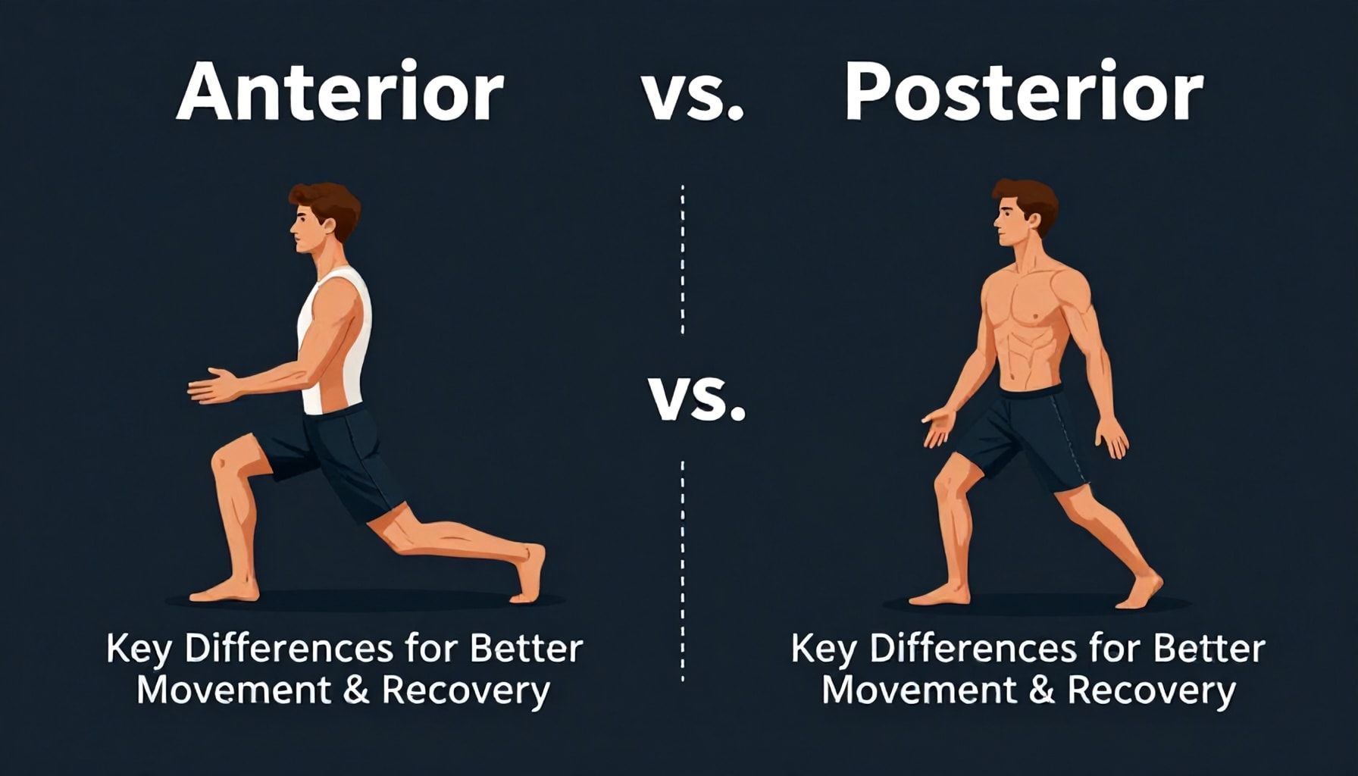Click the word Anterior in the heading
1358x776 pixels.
coord(340,93)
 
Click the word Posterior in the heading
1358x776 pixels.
coord(1024,93)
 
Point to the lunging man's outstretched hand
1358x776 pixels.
coord(216,386)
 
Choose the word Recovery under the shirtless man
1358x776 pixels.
coord(1151,691)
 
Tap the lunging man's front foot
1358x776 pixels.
coord(223,590)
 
